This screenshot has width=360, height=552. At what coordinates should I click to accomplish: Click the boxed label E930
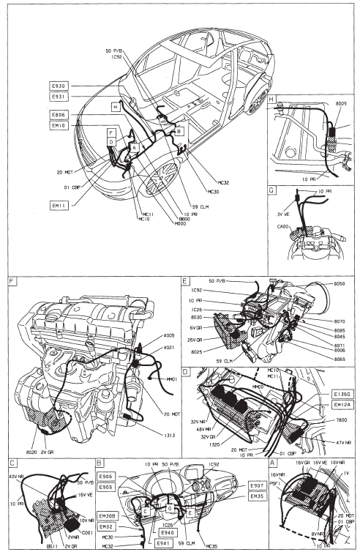pos(59,86)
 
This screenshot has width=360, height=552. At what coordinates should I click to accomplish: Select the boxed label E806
pos(59,115)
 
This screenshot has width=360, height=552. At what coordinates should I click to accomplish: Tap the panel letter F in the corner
pos(11,280)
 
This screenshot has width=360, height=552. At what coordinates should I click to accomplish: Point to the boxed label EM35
pos(257,496)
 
